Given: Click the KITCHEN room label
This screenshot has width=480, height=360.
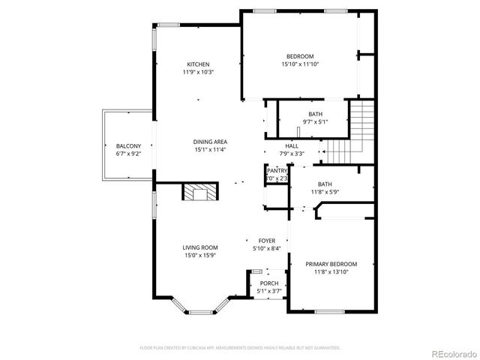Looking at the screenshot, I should [x=198, y=64].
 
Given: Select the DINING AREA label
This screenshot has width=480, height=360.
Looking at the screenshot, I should [x=210, y=142].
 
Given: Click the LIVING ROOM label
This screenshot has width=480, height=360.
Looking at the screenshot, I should [x=200, y=247].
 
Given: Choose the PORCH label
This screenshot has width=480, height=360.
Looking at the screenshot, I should [x=268, y=283].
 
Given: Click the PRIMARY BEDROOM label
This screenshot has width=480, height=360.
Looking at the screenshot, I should [x=331, y=264].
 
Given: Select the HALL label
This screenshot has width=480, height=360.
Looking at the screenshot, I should [x=292, y=146].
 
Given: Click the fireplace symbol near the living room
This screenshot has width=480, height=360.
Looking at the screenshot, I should [x=200, y=193].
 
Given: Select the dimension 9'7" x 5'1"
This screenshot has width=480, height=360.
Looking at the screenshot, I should [x=315, y=121].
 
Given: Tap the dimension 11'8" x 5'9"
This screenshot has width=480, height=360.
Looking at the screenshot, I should [x=325, y=192].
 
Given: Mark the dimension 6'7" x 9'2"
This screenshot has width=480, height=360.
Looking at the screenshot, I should [x=129, y=154].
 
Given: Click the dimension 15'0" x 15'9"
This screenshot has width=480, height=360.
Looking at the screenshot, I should [x=200, y=255].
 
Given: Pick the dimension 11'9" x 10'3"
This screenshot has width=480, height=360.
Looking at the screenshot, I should [x=198, y=72].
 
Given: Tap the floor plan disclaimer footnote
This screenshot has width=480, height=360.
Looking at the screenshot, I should [x=240, y=348].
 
